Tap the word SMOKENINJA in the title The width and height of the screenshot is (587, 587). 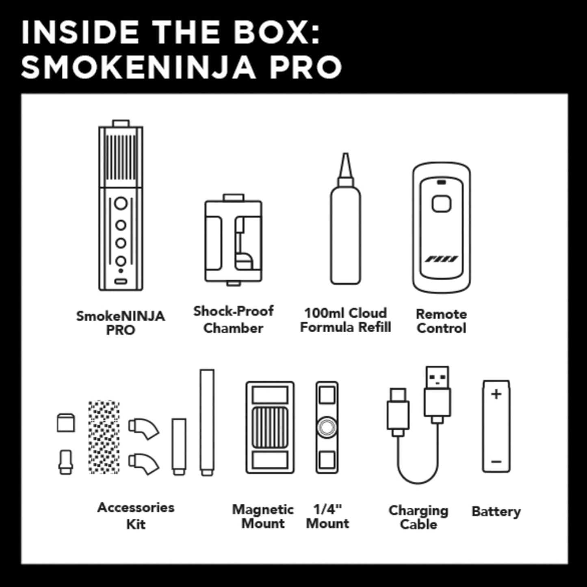click(139, 67)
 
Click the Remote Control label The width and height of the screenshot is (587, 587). click(441, 321)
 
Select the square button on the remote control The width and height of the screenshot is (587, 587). click(441, 204)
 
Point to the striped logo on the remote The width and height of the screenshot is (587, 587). click(441, 259)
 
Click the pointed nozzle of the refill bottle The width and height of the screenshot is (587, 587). click(345, 167)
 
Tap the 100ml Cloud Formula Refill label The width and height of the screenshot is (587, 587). click(345, 320)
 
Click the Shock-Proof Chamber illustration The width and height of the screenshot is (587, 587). click(233, 240)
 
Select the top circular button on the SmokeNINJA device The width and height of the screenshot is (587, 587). click(121, 203)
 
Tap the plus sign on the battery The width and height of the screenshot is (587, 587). click(496, 394)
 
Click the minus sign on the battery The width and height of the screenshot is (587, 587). click(496, 461)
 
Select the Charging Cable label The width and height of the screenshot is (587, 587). click(418, 517)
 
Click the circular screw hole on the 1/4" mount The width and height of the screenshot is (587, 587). click(327, 427)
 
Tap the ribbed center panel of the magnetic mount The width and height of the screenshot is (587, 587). click(270, 427)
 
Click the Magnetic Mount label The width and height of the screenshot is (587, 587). click(263, 516)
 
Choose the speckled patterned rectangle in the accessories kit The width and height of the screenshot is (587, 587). click(104, 437)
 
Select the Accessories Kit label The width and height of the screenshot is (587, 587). click(136, 516)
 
